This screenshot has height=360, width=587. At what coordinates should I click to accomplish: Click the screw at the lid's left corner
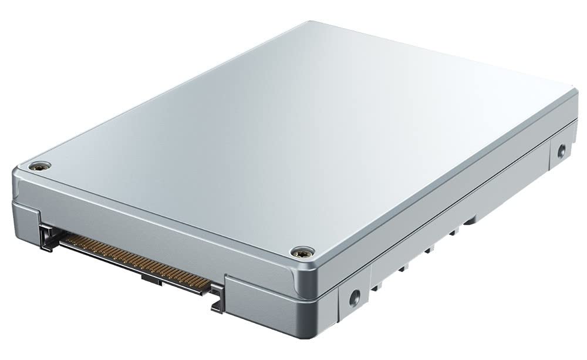39,166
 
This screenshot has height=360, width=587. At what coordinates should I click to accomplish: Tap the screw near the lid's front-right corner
302,252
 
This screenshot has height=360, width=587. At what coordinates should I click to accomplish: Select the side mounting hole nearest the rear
561,150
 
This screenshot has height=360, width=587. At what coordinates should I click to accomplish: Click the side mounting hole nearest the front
354,298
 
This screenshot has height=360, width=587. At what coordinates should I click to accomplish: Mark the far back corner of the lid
309,23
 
